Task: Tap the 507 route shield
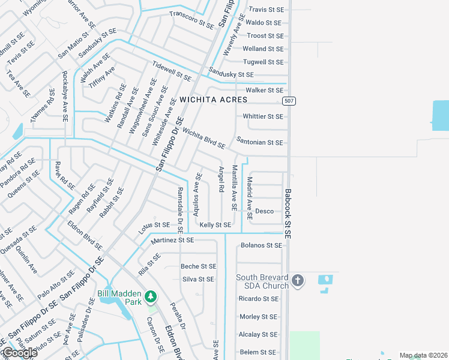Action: (x=289, y=100)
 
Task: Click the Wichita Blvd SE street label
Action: (x=203, y=139)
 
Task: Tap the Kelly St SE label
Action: (x=215, y=224)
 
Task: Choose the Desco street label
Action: (x=264, y=211)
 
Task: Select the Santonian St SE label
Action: (x=259, y=143)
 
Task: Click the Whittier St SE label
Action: (x=262, y=116)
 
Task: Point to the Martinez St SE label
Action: (x=173, y=240)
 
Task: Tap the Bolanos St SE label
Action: (x=261, y=245)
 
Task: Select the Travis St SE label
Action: (x=265, y=10)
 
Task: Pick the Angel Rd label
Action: (x=221, y=179)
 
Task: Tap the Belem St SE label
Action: (x=258, y=352)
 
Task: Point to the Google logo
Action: (x=19, y=353)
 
